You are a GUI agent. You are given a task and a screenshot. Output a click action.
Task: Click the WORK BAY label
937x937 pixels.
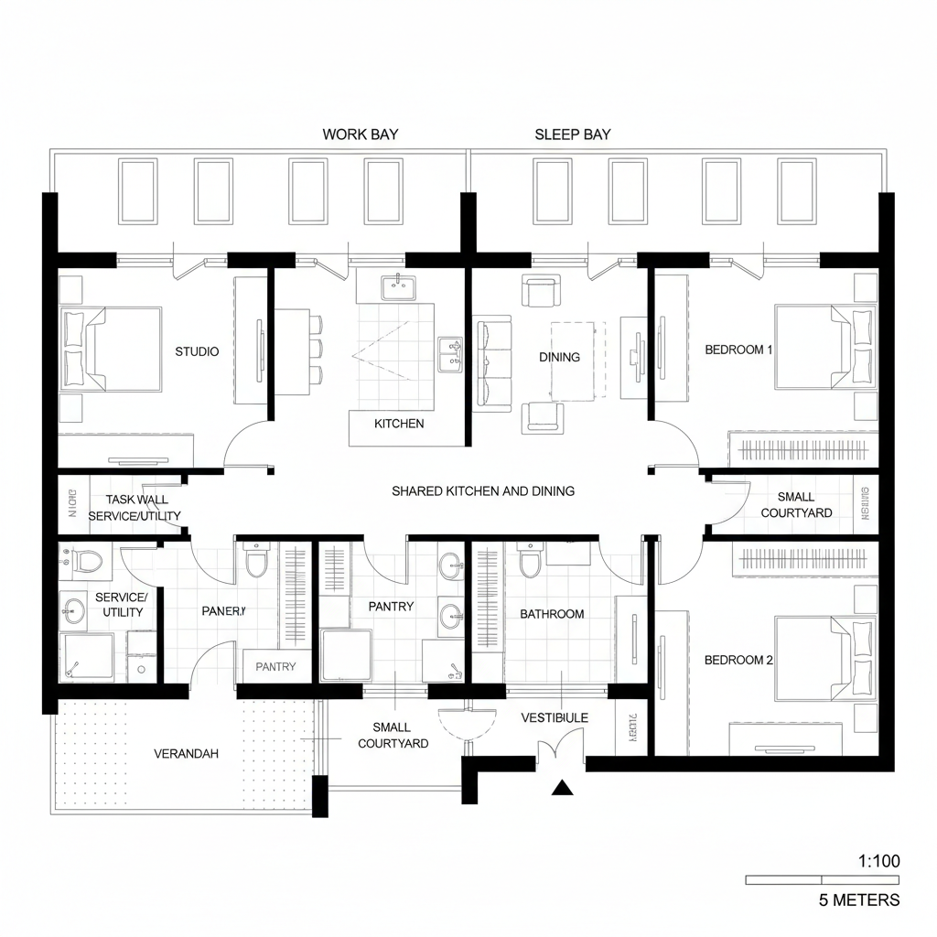(x=360, y=135)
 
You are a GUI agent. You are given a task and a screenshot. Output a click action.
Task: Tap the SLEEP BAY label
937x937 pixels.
(x=572, y=135)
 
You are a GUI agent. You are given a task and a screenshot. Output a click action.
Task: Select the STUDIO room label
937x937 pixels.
(x=197, y=351)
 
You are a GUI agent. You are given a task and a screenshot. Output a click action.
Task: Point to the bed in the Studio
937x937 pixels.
(x=110, y=350)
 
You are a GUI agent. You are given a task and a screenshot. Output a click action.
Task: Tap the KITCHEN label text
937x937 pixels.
(x=399, y=424)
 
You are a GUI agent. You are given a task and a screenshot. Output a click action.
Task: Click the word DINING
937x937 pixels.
(x=559, y=357)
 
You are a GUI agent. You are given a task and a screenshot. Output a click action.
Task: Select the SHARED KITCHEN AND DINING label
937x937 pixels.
(x=483, y=491)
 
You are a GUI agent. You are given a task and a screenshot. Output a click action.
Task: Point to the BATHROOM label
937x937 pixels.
(x=552, y=614)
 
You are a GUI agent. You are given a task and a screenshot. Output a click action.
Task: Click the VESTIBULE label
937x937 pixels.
(x=555, y=718)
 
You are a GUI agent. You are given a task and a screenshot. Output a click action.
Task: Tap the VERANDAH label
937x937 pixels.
(x=186, y=754)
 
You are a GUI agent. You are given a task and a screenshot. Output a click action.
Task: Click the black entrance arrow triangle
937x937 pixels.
(x=561, y=788)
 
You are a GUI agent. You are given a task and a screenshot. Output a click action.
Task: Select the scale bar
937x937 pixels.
(x=823, y=879)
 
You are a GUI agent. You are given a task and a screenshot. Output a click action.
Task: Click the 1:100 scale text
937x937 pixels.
(x=879, y=860)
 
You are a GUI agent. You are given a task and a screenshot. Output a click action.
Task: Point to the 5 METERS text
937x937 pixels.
(x=858, y=900)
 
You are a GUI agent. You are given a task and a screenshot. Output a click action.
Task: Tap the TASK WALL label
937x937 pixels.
(x=137, y=500)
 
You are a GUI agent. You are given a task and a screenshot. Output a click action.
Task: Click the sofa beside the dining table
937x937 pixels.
(x=492, y=363)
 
